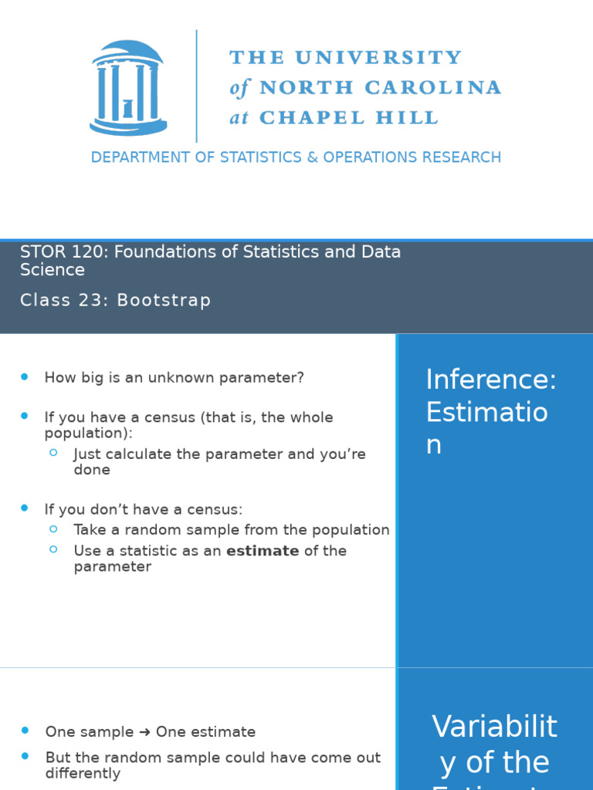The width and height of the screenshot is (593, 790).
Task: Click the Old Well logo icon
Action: (127, 86)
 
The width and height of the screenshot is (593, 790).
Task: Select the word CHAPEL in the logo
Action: (312, 118)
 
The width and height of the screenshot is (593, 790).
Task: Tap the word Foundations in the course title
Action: (161, 252)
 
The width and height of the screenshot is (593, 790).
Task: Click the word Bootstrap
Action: (164, 301)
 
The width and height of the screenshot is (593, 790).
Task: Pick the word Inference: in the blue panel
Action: (491, 380)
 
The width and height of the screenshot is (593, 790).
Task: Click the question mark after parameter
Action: (300, 378)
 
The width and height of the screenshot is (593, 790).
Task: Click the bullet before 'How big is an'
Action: (25, 376)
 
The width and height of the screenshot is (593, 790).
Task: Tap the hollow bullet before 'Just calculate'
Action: (53, 453)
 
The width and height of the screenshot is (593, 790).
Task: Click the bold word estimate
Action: (263, 551)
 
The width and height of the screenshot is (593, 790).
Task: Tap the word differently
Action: (83, 773)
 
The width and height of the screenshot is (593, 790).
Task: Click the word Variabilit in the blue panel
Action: (494, 727)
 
